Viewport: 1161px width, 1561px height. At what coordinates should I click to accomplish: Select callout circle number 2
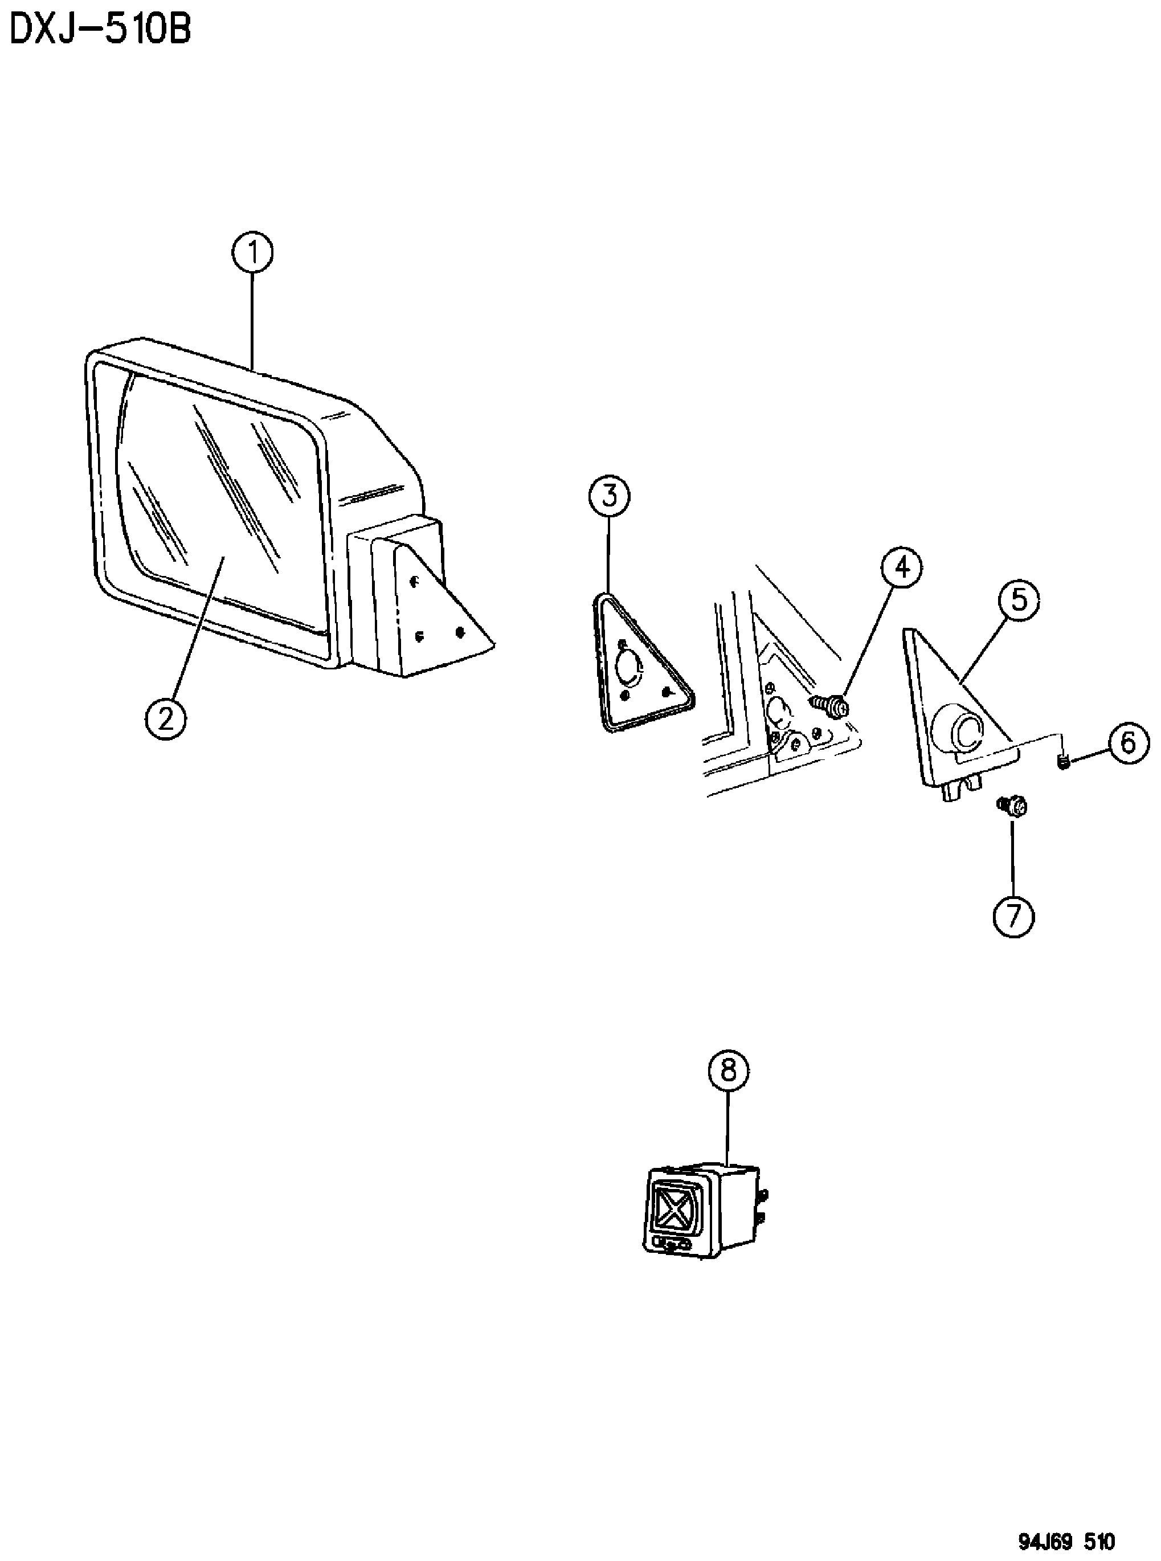pos(166,718)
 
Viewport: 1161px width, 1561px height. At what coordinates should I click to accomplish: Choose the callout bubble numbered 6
pos(1128,742)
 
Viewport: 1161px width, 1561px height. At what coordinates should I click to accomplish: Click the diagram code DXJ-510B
pos(100,31)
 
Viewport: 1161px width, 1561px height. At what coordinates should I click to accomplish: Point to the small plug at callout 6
pos(1064,761)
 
